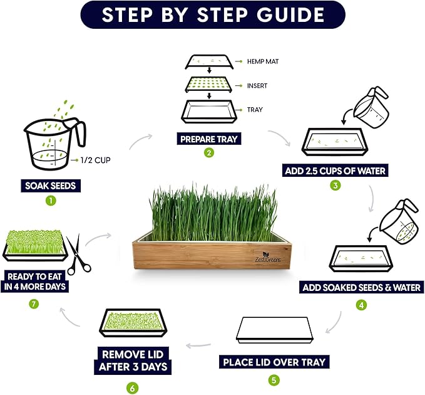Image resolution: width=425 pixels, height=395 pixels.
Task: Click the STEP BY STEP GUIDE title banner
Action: click(213, 15)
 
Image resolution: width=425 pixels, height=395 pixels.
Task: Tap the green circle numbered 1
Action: click(51, 201)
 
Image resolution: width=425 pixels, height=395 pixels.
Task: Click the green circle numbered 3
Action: click(336, 186)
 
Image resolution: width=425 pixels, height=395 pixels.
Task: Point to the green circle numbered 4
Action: click(361, 305)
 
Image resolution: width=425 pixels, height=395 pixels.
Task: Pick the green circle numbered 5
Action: click(274, 379)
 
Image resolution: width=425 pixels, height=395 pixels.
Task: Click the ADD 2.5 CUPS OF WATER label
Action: click(336, 171)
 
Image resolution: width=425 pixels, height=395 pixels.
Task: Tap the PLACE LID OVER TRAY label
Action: click(274, 362)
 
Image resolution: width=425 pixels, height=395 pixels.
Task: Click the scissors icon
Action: click(78, 255)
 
